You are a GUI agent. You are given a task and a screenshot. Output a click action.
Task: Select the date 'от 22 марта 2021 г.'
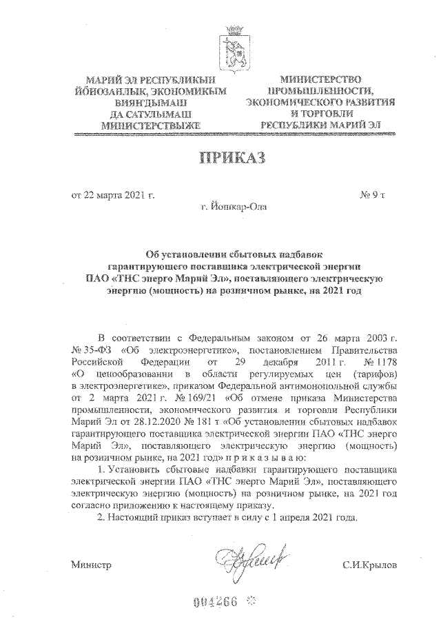114,194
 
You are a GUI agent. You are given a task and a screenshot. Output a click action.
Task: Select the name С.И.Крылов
370,565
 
